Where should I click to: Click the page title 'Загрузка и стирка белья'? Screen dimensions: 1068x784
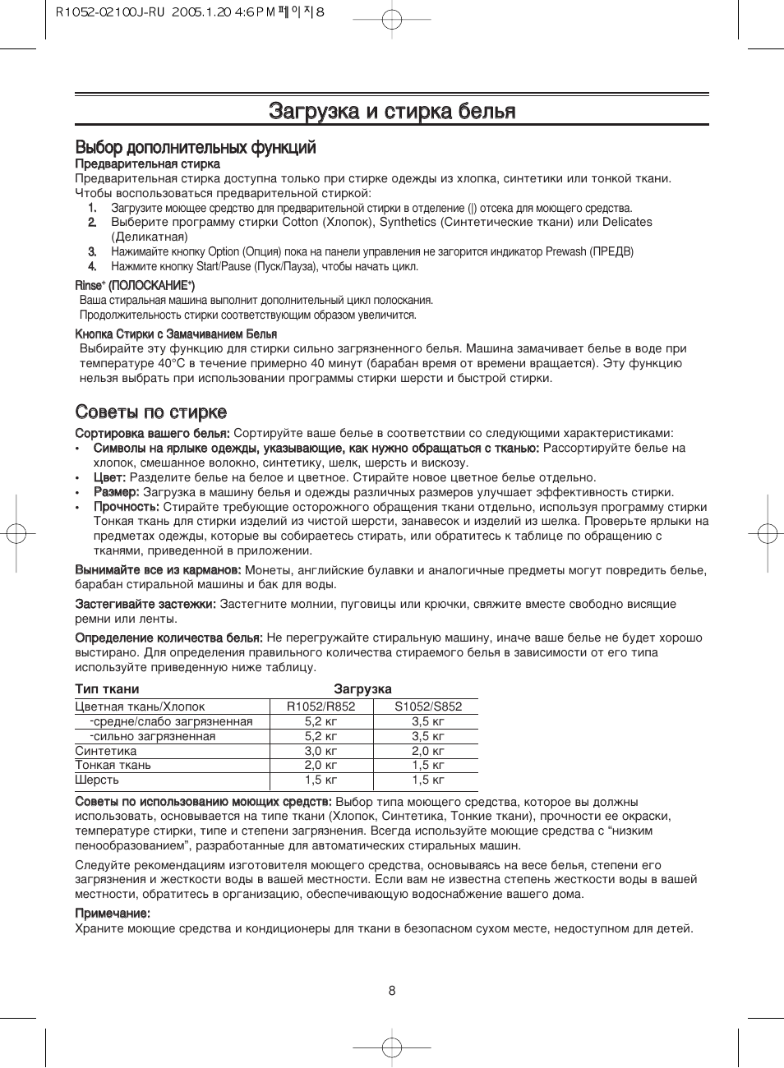pos(392,111)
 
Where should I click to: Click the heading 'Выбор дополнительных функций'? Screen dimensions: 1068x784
pos(196,148)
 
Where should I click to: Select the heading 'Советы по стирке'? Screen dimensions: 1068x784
pos(151,412)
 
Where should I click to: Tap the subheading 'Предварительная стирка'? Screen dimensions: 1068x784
pos(147,164)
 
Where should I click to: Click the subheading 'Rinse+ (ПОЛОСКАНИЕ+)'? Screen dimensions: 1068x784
pos(135,285)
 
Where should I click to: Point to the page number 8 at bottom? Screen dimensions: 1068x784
pos(392,991)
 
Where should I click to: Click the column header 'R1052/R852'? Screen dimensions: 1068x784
pos(321,707)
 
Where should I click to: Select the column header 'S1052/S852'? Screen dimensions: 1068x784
pos(428,707)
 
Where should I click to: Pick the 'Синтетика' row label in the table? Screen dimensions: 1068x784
pos(106,751)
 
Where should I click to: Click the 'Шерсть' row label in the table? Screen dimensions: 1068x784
pos(97,780)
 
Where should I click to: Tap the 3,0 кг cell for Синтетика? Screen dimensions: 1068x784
pos(321,751)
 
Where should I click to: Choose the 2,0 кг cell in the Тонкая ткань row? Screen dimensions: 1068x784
pos(321,765)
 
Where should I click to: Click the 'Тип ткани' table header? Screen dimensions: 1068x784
pos(107,689)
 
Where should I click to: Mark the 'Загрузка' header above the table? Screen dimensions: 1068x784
pos(362,689)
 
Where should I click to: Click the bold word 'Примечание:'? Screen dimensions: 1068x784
pos(113,914)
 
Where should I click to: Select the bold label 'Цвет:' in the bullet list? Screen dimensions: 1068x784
pos(109,477)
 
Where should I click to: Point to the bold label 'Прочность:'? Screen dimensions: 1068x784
pos(126,507)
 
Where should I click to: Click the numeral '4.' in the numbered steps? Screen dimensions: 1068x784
pos(92,266)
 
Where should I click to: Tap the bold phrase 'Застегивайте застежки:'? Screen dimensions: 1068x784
pos(145,604)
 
